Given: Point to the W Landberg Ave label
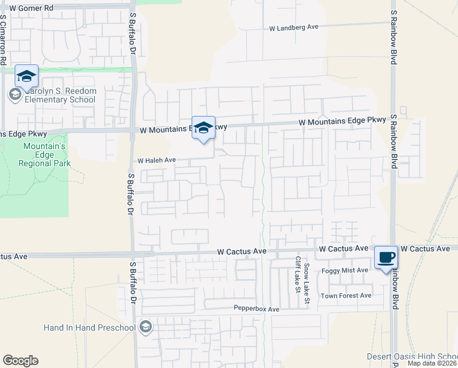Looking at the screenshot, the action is [x=295, y=27].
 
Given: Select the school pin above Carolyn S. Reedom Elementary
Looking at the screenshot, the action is [x=26, y=76].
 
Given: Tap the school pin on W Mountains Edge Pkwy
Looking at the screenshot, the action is [x=204, y=128].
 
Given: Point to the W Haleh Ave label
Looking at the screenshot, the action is [x=156, y=160].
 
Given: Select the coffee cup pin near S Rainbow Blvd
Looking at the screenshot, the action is [x=385, y=258].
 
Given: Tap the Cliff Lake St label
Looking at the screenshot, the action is [x=298, y=274].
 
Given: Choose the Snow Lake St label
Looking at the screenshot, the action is [x=307, y=277].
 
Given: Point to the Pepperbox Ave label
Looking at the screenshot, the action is [x=256, y=309].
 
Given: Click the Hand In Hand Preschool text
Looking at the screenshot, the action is [x=89, y=328].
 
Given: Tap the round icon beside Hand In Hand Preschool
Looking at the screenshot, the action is [x=145, y=326].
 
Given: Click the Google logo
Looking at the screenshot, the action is [x=20, y=361].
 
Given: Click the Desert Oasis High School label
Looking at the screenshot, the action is [x=411, y=356].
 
